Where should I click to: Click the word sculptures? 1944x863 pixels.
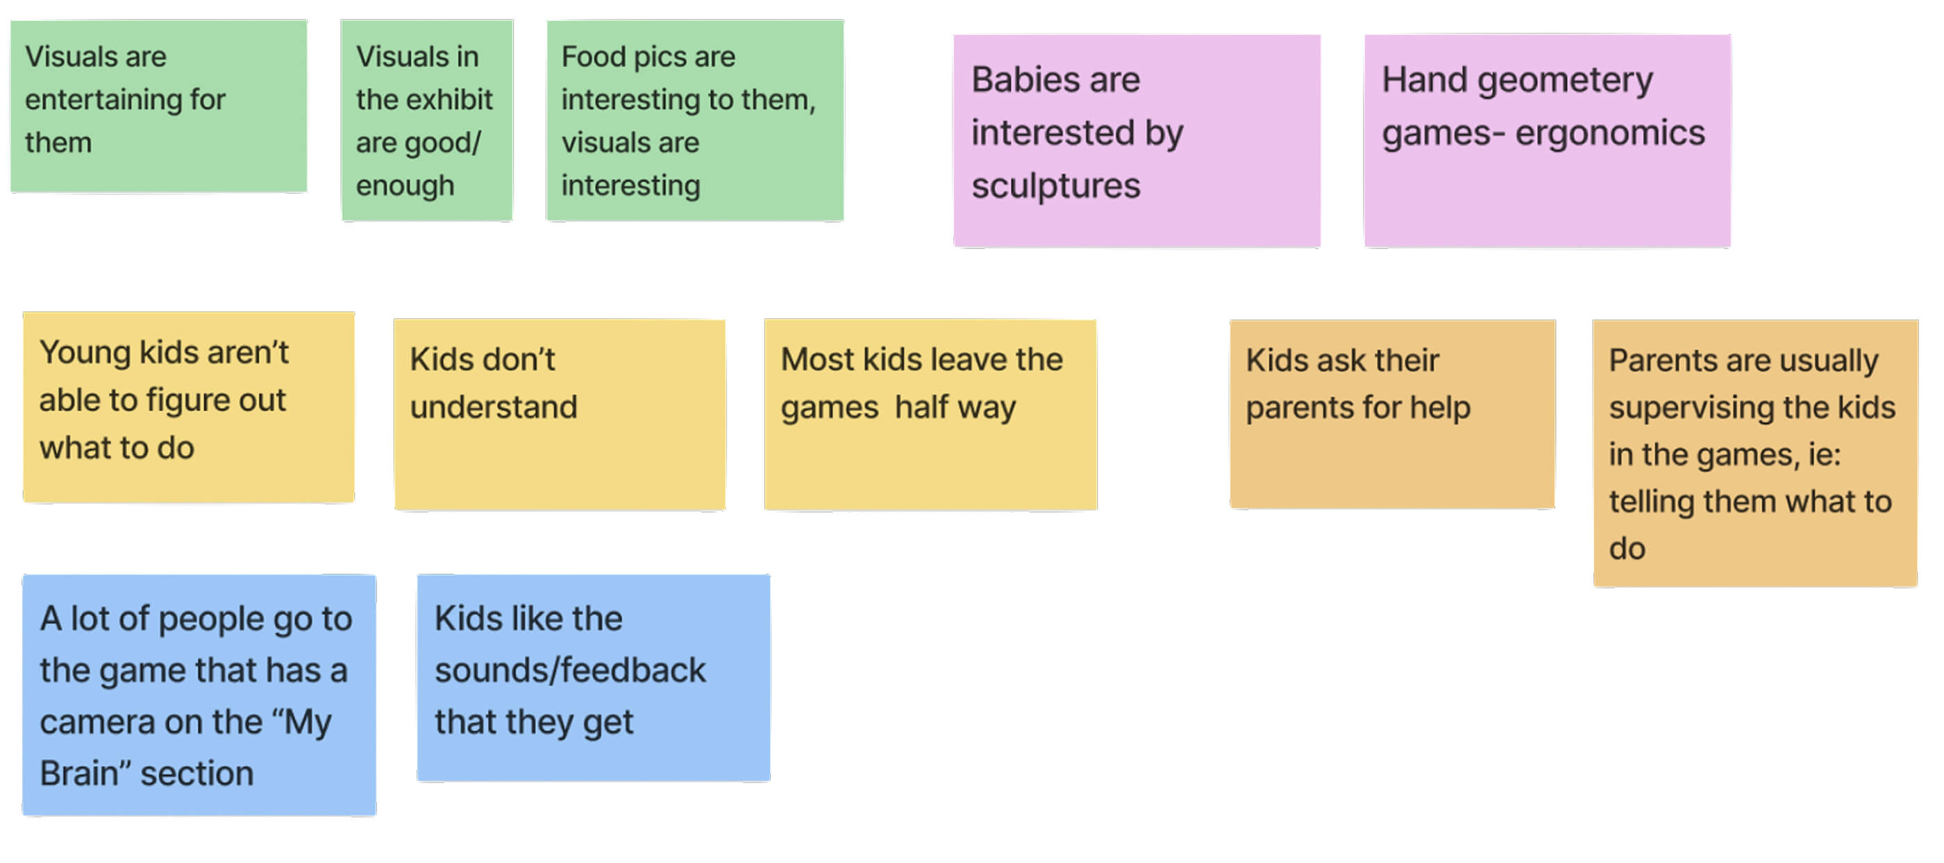[1056, 187]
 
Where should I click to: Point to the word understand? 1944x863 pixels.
[494, 407]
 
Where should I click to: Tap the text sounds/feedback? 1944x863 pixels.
[570, 671]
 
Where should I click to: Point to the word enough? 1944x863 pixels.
[405, 187]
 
